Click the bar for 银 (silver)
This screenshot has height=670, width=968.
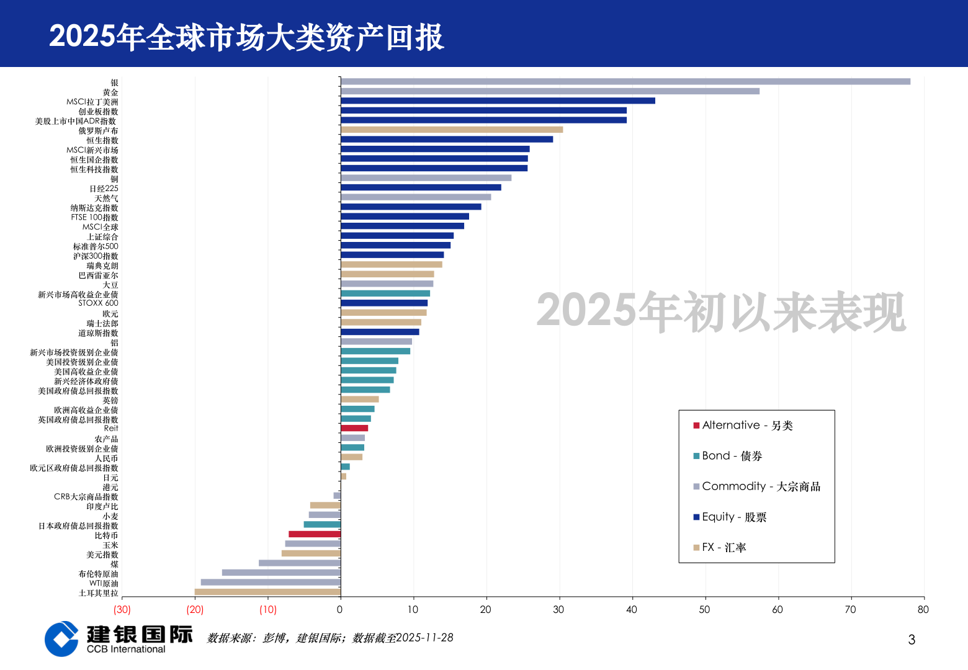coord(625,81)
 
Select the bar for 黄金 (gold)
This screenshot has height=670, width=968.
coord(550,91)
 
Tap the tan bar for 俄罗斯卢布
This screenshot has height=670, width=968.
coord(452,130)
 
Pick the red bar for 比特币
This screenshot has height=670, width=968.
coord(315,534)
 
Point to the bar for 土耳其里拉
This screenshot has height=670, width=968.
coord(267,592)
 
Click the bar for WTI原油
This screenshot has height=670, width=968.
coord(271,583)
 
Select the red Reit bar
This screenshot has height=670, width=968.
coord(354,428)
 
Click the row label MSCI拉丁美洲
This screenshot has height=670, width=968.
coord(92,102)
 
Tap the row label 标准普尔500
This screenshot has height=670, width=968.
coord(96,246)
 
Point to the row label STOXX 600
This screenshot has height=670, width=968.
coord(98,303)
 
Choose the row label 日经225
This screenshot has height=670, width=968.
coord(104,189)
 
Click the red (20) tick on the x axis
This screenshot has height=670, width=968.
coord(195,610)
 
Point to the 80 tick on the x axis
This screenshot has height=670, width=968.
coord(923,610)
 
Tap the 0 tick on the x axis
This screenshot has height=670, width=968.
coord(339,610)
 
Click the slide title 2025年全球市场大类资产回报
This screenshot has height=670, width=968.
coord(246,37)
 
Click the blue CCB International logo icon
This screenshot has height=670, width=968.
coord(61,639)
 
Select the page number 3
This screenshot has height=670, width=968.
coord(912,640)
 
